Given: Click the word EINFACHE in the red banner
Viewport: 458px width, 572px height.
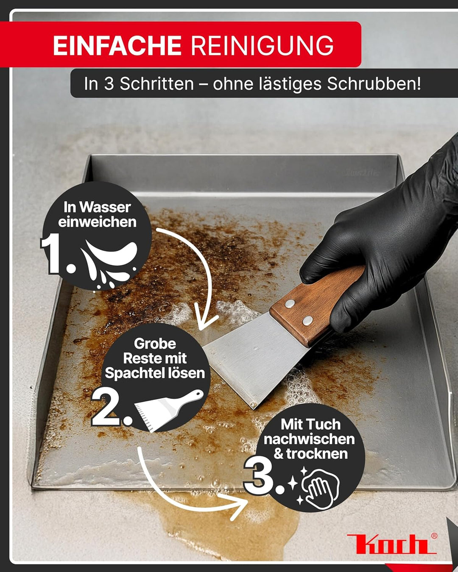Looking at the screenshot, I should coord(117,46).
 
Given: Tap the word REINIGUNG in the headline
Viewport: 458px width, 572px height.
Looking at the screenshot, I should coord(262,46).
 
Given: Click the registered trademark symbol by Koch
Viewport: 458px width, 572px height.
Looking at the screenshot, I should coord(434,536).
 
